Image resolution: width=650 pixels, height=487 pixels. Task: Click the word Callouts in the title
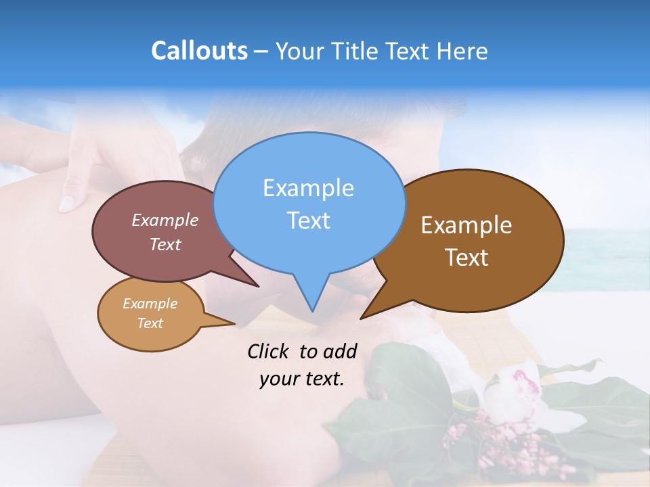[199, 51]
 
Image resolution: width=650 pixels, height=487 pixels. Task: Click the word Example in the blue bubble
[308, 188]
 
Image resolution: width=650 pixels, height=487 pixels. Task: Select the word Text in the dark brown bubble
[467, 258]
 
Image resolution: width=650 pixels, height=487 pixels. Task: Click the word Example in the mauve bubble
[165, 220]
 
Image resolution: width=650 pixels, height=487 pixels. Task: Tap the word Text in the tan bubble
[150, 323]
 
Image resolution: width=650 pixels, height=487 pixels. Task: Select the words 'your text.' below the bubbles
[301, 379]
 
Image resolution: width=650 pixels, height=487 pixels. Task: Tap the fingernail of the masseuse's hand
[68, 202]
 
